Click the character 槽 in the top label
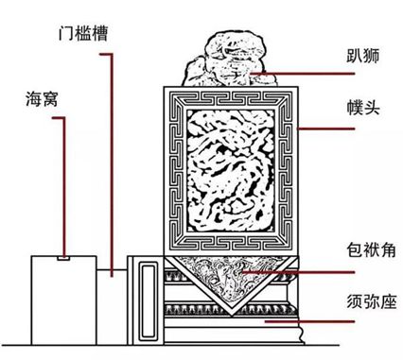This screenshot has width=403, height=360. [x=111, y=32]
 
